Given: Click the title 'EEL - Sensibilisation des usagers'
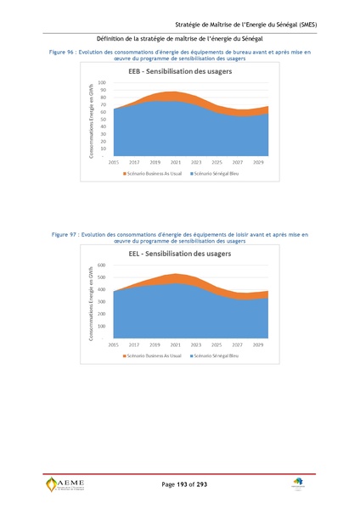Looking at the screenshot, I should click(x=180, y=254).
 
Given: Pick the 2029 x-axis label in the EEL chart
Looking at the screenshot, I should click(x=257, y=344).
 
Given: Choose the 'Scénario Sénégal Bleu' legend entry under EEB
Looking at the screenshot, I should click(x=217, y=173).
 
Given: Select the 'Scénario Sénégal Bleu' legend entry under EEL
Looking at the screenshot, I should click(x=217, y=356).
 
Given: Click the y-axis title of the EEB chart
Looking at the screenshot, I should click(x=89, y=121).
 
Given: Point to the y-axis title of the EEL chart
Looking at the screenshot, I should click(x=89, y=303).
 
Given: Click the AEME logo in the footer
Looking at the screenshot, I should click(x=65, y=484).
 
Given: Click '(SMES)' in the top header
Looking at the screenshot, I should click(x=303, y=25).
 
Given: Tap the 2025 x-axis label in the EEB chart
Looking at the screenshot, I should click(x=217, y=161).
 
